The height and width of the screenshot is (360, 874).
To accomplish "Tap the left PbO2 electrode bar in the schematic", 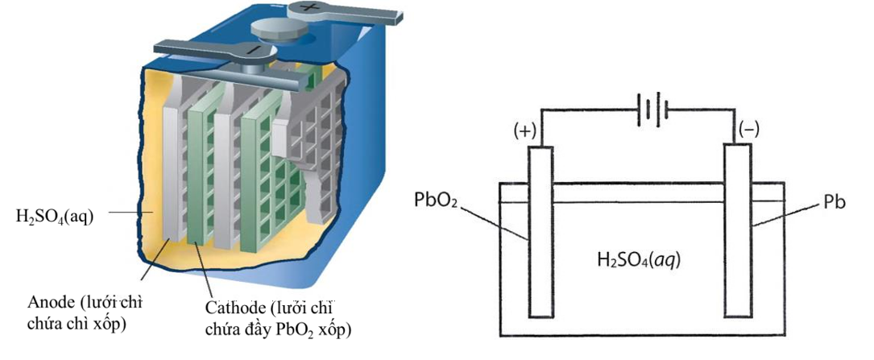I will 541,234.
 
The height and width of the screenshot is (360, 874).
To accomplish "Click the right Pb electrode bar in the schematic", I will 737,234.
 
